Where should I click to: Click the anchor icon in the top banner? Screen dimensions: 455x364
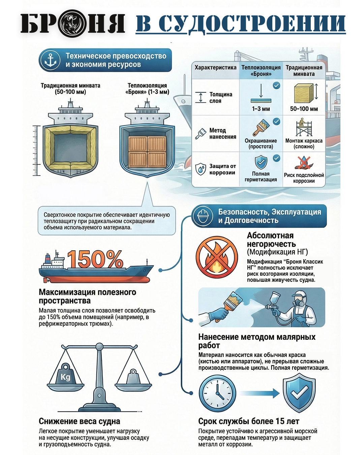click(50, 60)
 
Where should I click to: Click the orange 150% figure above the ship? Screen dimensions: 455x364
click(95, 259)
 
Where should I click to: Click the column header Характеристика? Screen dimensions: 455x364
click(215, 67)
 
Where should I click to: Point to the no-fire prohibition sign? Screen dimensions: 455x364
click(217, 257)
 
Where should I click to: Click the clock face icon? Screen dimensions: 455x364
click(217, 393)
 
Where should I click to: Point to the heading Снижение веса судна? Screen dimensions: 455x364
click(79, 421)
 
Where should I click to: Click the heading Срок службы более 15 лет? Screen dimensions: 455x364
click(248, 421)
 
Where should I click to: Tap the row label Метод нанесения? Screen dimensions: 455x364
click(222, 133)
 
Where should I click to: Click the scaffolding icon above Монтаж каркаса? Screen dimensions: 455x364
click(304, 128)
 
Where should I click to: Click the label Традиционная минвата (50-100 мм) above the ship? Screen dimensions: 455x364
click(70, 89)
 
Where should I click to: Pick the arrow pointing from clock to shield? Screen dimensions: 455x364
click(260, 393)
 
